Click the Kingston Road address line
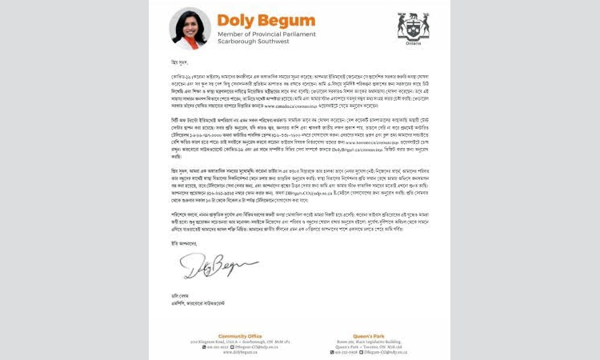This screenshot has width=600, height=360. click(241, 320)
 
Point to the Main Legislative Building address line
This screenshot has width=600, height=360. click(362, 320)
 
